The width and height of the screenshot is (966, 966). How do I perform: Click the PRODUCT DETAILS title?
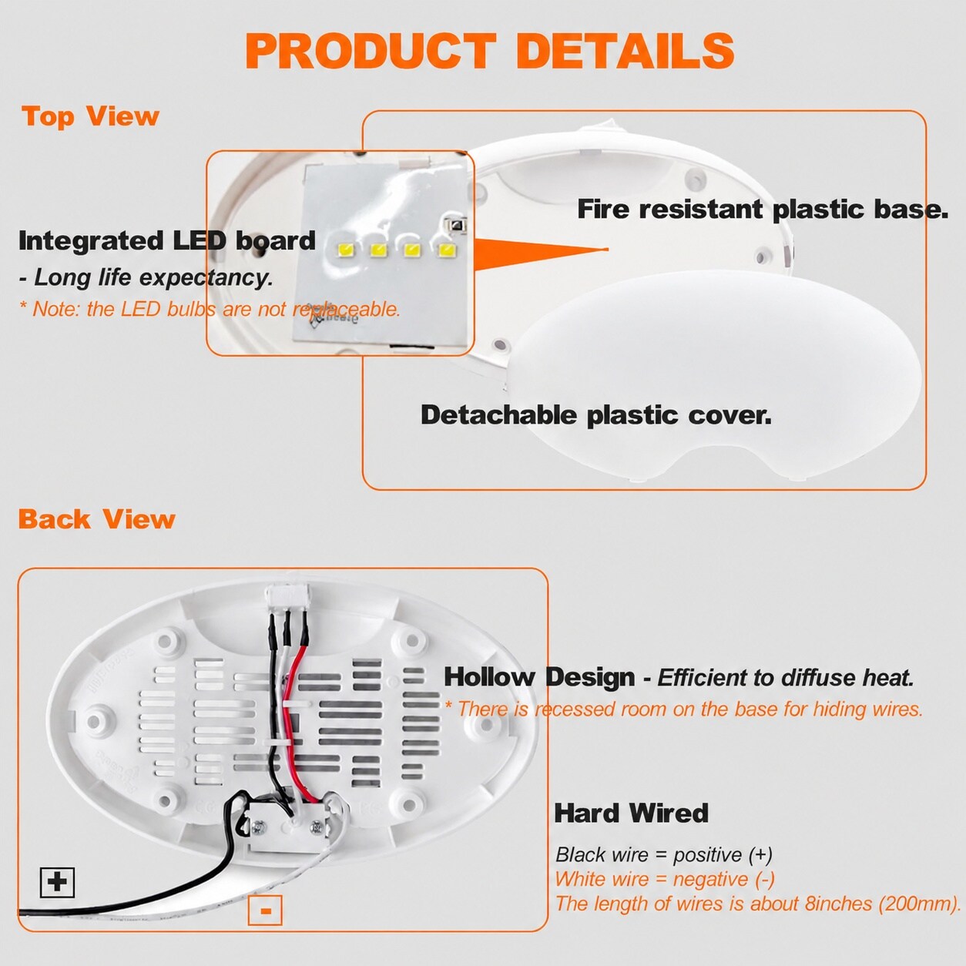(x=490, y=51)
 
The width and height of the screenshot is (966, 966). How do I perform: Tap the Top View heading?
(x=90, y=117)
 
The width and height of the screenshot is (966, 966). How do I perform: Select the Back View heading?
(x=97, y=519)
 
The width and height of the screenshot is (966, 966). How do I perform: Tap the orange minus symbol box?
(x=265, y=910)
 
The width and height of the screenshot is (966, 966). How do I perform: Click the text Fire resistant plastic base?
(x=763, y=209)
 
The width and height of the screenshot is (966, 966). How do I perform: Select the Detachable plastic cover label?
(x=596, y=415)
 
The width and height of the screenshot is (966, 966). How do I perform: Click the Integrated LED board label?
(x=167, y=241)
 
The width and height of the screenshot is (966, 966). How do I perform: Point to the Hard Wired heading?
(x=631, y=813)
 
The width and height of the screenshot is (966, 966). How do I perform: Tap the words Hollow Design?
(x=539, y=677)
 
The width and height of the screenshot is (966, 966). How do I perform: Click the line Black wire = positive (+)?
(x=664, y=854)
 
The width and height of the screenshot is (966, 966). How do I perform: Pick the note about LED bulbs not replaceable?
(x=210, y=309)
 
